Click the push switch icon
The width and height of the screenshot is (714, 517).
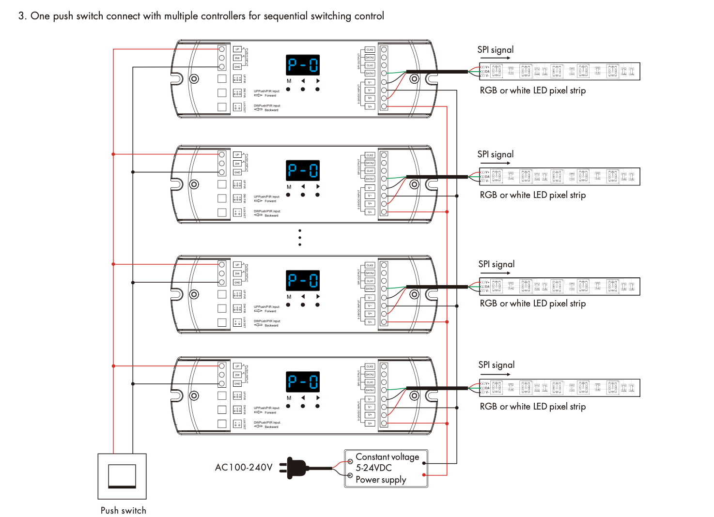(x=122, y=476)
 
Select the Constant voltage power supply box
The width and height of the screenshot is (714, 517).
(x=386, y=468)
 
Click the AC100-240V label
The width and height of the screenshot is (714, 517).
(x=244, y=468)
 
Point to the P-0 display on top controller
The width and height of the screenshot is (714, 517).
(x=303, y=65)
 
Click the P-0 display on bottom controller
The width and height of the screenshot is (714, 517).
(x=303, y=381)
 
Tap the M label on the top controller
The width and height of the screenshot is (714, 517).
(x=289, y=81)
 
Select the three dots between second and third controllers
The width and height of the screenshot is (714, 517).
(x=300, y=237)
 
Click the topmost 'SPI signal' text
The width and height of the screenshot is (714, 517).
(x=495, y=50)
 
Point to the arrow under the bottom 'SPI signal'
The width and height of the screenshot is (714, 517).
(x=496, y=374)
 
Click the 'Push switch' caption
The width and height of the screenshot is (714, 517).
(x=123, y=511)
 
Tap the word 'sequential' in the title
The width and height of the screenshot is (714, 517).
(x=285, y=16)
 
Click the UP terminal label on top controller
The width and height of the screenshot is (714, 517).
(x=237, y=49)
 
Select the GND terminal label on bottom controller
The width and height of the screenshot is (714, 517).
(x=237, y=383)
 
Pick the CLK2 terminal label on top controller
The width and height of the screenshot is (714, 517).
(x=370, y=50)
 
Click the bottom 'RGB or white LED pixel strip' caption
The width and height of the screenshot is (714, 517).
(x=532, y=407)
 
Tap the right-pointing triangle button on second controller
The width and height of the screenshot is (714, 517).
(x=318, y=186)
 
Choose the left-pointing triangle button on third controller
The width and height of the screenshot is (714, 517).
(x=303, y=296)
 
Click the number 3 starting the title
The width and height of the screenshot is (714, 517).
(x=21, y=16)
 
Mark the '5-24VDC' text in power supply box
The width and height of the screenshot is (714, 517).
(x=373, y=468)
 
